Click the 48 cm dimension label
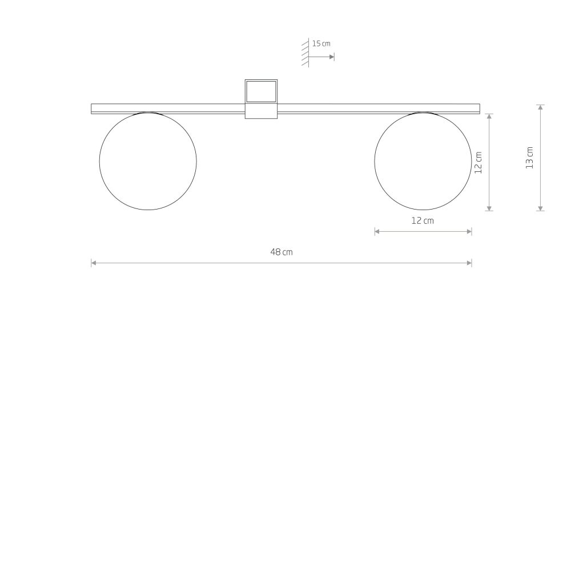(x=282, y=252)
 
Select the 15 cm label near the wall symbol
(x=321, y=44)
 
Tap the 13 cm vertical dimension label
(x=529, y=158)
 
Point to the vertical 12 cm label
(x=478, y=163)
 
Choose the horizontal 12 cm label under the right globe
(x=423, y=220)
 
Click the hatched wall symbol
(x=305, y=53)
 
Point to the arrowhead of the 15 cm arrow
(x=332, y=57)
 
